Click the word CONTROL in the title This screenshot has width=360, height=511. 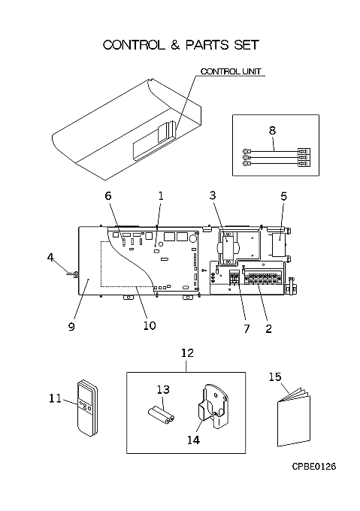point(134,45)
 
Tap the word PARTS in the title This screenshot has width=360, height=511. point(207,45)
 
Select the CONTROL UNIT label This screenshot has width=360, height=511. point(231,71)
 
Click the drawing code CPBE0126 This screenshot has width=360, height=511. point(313,467)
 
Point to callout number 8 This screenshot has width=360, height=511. point(272,130)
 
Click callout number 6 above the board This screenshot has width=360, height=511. point(107,195)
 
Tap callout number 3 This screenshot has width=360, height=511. point(213,195)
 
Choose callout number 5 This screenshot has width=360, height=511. point(284,196)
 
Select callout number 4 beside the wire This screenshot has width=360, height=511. point(50,258)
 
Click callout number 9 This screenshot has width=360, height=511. point(71,327)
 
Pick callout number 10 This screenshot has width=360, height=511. point(150,325)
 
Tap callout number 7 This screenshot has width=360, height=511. point(247,328)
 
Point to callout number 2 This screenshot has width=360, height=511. point(268,328)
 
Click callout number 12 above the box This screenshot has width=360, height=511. point(187,353)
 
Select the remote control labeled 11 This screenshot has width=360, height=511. point(87,408)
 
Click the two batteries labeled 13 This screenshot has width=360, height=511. point(162,415)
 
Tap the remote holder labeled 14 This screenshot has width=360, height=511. point(213,406)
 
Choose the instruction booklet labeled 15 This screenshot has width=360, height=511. point(294,417)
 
